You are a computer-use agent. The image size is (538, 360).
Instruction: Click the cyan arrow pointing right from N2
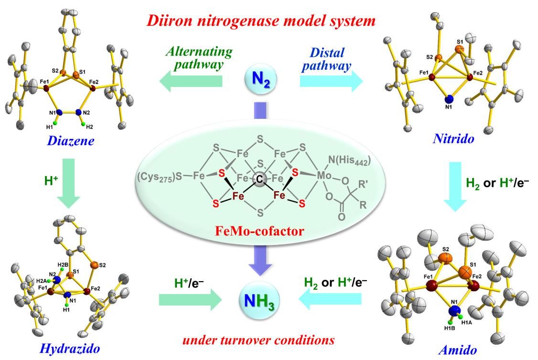click(x=331, y=81)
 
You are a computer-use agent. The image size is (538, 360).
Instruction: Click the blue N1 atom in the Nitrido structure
click(x=448, y=99)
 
